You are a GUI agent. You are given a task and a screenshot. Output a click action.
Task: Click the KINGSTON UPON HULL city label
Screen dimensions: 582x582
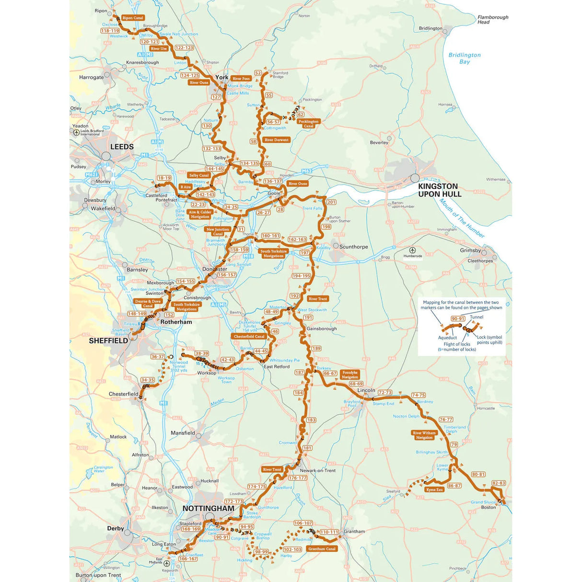[x=439, y=190]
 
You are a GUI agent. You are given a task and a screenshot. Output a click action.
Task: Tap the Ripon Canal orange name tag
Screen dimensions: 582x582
[x=132, y=18]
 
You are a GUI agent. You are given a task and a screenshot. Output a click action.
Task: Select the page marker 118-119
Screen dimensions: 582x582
[x=110, y=31]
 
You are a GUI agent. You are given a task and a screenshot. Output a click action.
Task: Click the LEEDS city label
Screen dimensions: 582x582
[x=122, y=147]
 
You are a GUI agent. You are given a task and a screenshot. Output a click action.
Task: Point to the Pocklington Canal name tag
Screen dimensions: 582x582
[x=308, y=124]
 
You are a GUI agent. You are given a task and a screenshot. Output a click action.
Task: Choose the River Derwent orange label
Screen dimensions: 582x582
[x=277, y=140]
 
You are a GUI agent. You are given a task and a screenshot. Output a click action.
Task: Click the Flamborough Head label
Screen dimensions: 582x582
[x=492, y=19]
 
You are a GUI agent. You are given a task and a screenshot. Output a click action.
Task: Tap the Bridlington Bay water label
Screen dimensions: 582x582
[x=464, y=58]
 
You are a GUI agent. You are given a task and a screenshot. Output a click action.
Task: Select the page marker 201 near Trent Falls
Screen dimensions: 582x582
[x=331, y=202]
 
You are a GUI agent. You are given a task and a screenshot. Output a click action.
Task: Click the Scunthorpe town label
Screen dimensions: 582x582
[x=353, y=247]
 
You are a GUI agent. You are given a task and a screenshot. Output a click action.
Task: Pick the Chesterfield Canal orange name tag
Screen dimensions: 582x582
[x=249, y=337]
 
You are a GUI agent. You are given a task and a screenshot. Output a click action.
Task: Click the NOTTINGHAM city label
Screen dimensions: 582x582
[x=208, y=509]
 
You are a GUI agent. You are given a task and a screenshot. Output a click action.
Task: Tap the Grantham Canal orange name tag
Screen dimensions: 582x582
[x=322, y=549]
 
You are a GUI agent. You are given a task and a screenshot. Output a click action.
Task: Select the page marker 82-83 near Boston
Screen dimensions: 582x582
[x=499, y=483]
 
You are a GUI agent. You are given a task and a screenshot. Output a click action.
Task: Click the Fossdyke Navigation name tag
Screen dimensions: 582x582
[x=350, y=374]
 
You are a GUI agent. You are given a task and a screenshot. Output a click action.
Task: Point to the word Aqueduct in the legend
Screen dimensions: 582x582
[x=447, y=338]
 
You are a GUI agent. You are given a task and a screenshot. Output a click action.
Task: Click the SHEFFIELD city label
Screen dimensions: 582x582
[x=108, y=341]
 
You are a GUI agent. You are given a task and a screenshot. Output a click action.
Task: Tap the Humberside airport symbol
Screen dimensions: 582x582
[x=412, y=250]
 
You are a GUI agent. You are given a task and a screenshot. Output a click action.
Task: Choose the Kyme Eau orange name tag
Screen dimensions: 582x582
[x=434, y=489]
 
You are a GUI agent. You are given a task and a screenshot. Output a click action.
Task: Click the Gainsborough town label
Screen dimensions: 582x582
[x=322, y=329]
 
